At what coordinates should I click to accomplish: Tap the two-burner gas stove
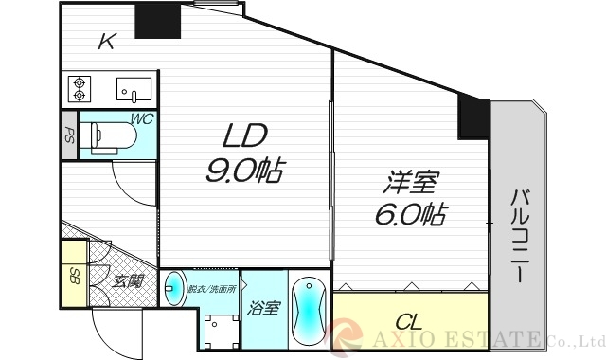pos(78,88)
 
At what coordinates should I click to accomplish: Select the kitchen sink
pos(134,90)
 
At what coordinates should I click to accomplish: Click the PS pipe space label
pos(68,135)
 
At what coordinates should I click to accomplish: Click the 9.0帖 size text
pos(246,171)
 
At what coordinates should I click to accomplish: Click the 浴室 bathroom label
pos(263,307)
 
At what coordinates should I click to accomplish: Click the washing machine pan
pos(220,332)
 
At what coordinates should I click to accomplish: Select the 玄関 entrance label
pos(128,281)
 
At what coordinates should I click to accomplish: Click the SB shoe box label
pos(74,277)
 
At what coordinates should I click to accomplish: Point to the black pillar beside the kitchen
pos(157,20)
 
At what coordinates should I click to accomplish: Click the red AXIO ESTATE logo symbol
pos(345,336)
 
